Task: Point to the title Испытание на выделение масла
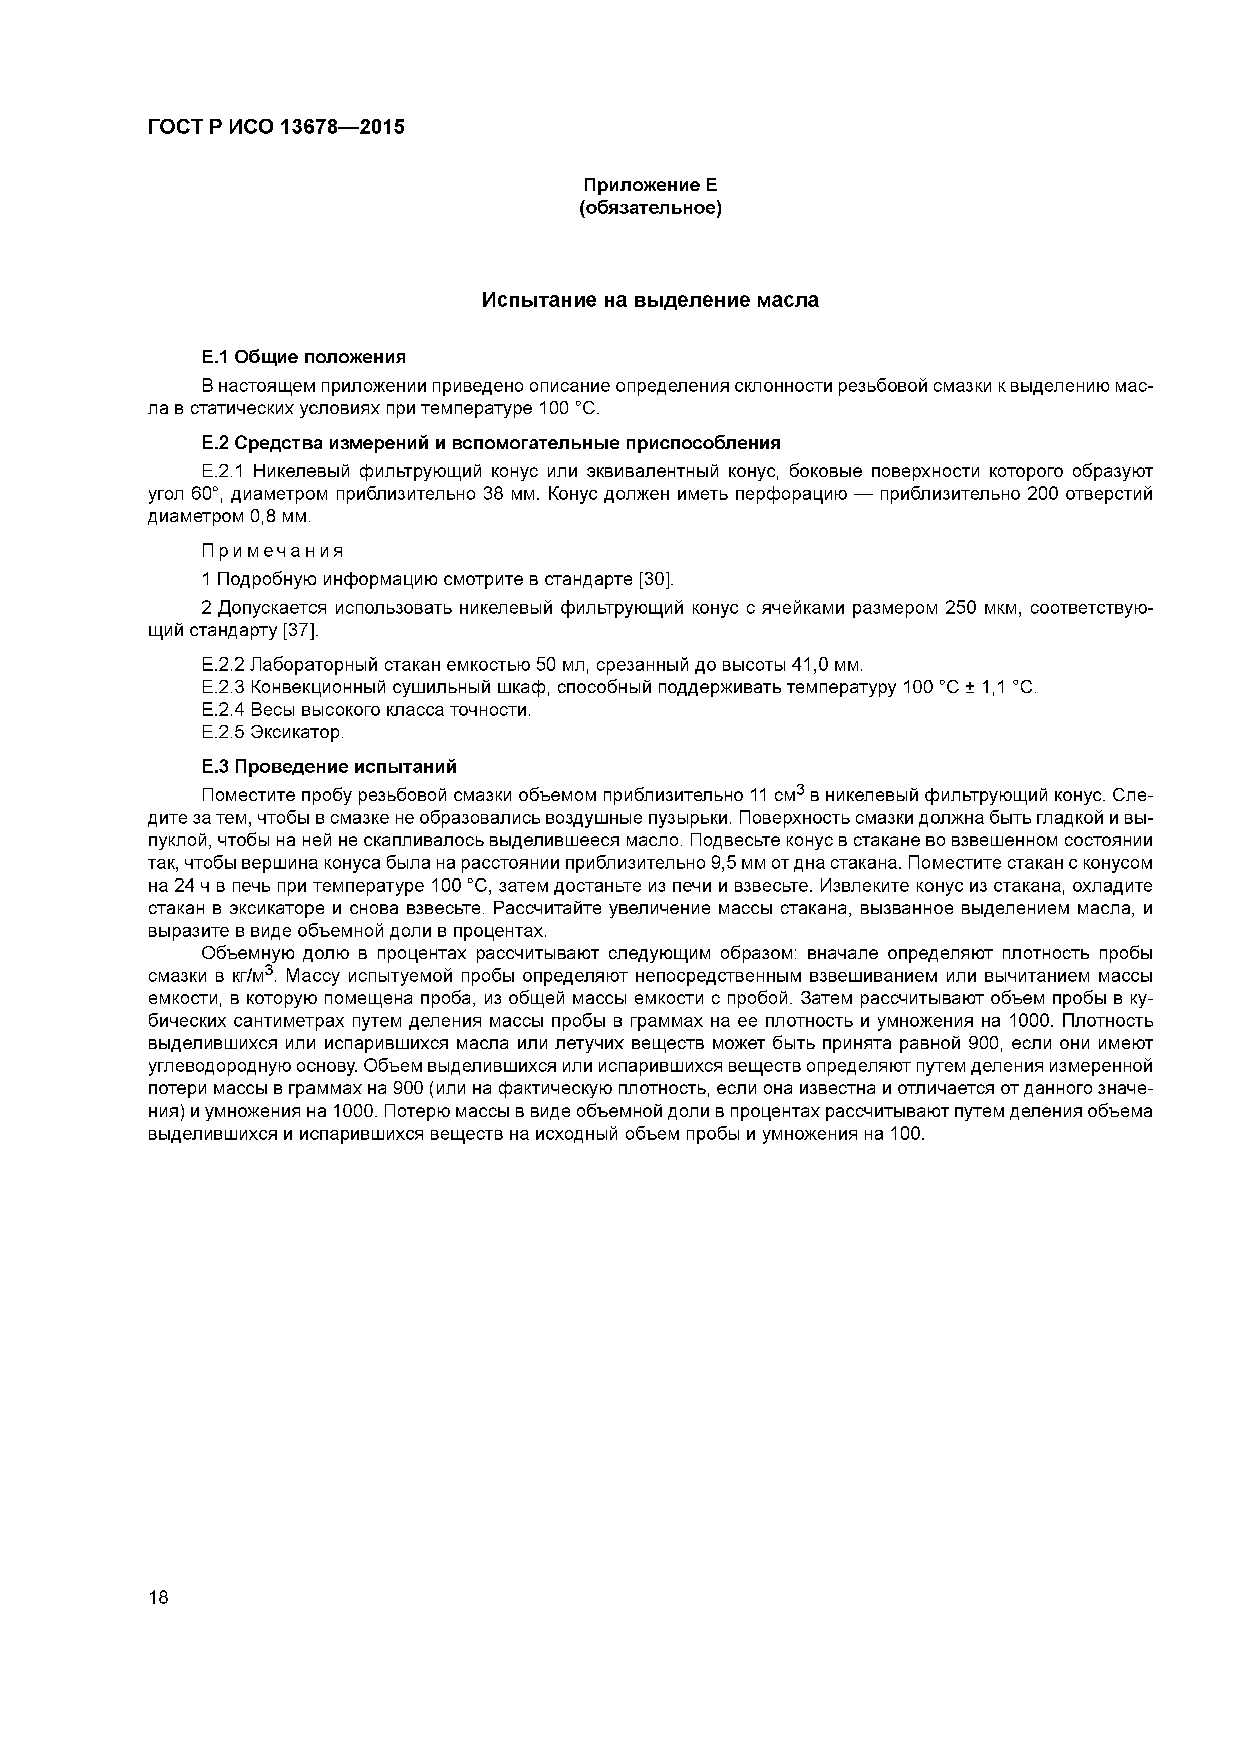(x=650, y=300)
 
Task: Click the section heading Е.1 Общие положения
(x=303, y=357)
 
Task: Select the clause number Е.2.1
(x=223, y=471)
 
